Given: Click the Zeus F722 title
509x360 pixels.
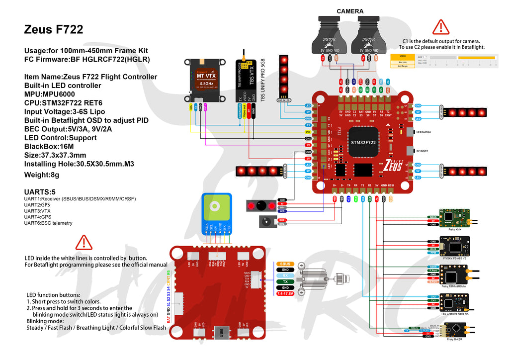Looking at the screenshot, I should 54,30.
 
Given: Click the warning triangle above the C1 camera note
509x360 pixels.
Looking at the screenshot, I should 440,27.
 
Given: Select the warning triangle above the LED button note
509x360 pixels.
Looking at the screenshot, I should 84,242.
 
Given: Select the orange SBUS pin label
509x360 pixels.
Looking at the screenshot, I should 285,264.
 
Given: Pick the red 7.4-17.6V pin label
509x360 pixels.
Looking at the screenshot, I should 285,294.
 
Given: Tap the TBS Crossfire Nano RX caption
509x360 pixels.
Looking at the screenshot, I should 455,314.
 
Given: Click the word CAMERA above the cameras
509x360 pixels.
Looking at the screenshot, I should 350,11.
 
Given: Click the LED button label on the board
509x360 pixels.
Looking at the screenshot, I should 424,132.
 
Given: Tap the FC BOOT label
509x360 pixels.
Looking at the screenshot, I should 422,151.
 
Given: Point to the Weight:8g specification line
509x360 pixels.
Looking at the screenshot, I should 42,175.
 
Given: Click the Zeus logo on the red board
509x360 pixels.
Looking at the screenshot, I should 393,167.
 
